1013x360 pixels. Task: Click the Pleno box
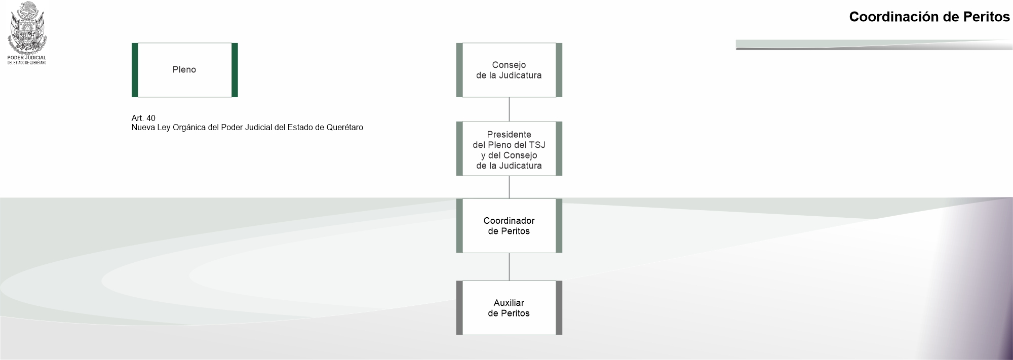[184, 70]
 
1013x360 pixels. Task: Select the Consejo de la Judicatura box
[509, 70]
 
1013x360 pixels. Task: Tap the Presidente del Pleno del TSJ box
[509, 149]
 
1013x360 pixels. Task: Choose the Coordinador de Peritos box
[509, 226]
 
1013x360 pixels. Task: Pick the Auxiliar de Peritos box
[509, 308]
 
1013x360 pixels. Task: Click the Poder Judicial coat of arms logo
[27, 27]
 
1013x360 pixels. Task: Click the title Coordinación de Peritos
[929, 17]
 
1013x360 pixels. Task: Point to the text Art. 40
[143, 118]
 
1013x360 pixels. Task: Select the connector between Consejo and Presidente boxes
[509, 109]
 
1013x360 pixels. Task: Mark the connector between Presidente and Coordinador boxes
[509, 187]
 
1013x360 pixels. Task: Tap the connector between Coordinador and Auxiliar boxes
[509, 267]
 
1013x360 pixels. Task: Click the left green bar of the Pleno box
[135, 70]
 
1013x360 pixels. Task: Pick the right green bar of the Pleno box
[235, 70]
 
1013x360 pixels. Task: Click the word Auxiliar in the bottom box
[509, 303]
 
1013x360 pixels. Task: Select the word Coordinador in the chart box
[509, 221]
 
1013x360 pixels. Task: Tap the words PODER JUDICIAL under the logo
[27, 58]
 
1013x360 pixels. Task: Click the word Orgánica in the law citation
[188, 128]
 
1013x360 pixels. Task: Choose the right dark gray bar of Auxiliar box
[559, 308]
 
